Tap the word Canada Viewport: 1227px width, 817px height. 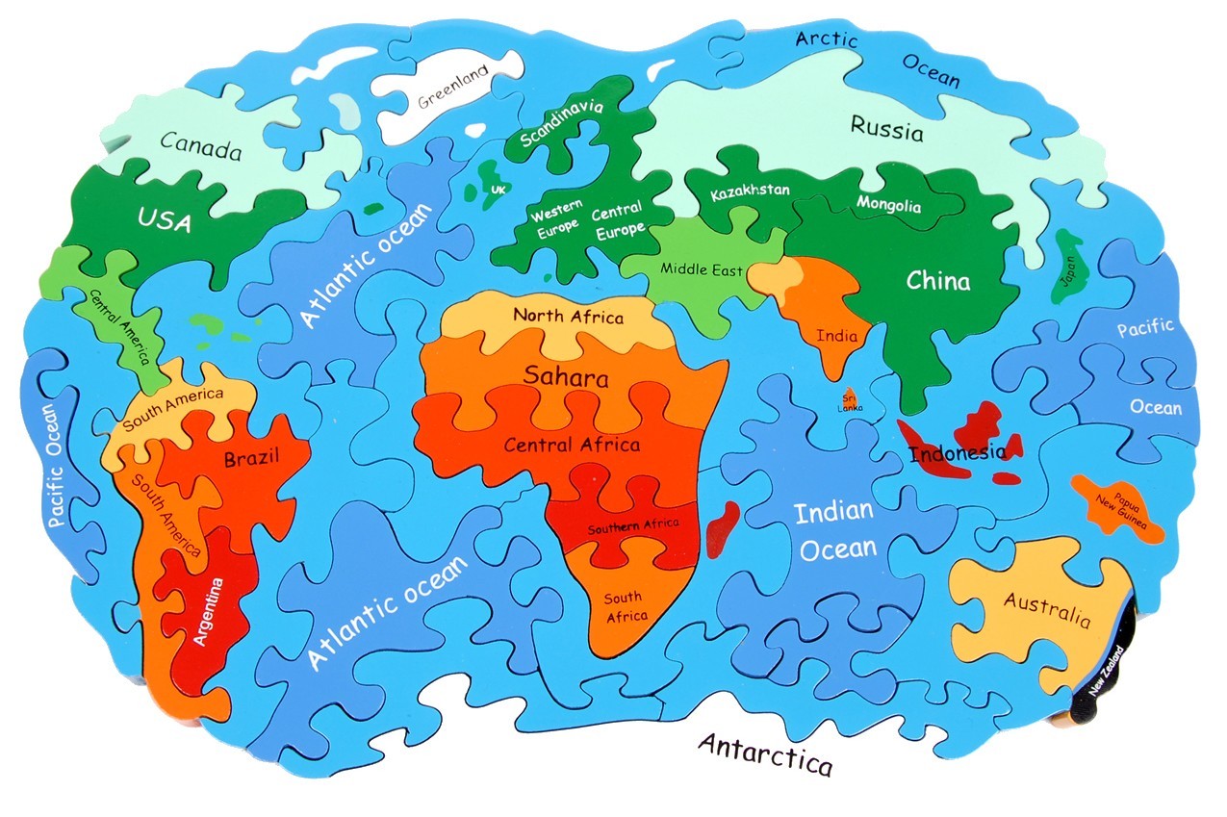coord(200,147)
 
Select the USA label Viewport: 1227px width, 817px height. coord(164,220)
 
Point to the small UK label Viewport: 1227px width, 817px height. coord(498,191)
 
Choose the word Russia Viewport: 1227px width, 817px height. coord(886,128)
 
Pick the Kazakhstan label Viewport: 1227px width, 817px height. coord(750,191)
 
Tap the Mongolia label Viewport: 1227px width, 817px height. coord(888,205)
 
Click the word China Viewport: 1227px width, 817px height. coord(938,281)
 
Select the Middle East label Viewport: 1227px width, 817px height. coord(702,269)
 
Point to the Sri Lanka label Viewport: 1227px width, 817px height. coord(850,402)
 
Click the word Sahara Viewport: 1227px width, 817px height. coord(566,376)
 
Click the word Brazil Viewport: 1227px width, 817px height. coord(251,459)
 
